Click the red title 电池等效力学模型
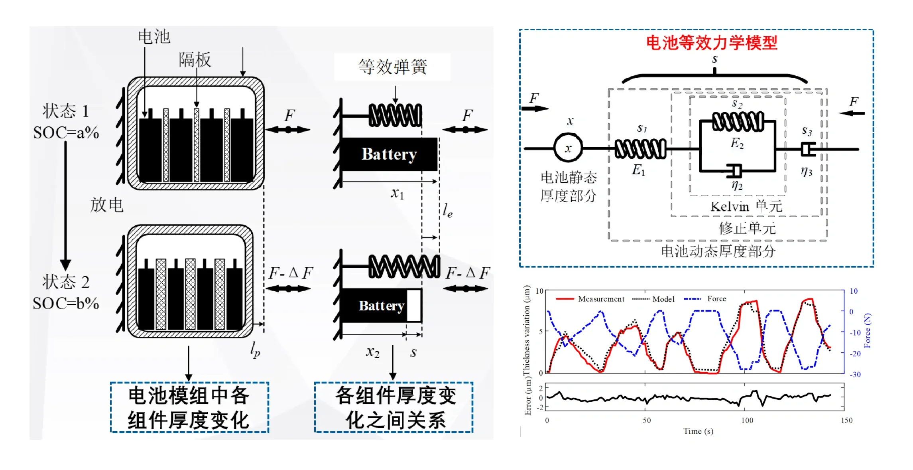(x=711, y=43)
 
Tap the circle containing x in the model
(x=568, y=148)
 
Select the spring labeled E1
(x=640, y=149)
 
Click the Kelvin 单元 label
(x=746, y=206)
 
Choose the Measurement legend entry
(x=590, y=299)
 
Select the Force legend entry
(x=705, y=298)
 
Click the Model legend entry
(x=653, y=299)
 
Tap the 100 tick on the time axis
(x=747, y=420)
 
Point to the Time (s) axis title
(x=698, y=431)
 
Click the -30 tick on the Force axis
(x=855, y=374)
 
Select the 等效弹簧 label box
(x=392, y=67)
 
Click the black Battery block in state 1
(x=390, y=154)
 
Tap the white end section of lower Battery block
(x=414, y=305)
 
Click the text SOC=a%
(x=66, y=132)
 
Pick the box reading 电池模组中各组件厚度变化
(x=189, y=407)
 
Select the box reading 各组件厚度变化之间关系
(x=394, y=407)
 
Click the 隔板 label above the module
(x=195, y=60)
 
